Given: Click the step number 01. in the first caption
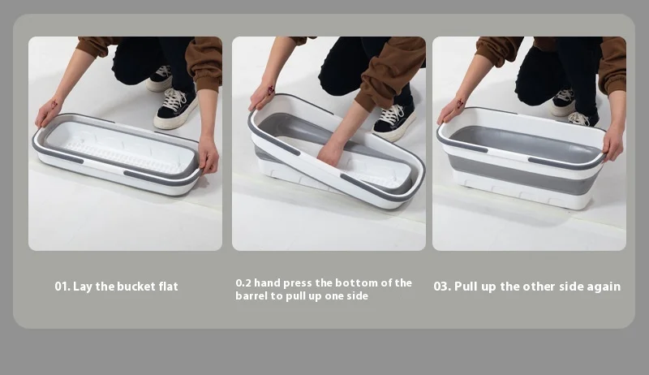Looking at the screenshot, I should point(62,287).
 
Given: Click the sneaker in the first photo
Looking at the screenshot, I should point(175,107).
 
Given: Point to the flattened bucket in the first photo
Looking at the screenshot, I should point(118,154).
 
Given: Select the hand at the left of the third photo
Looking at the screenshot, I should point(451,110).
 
